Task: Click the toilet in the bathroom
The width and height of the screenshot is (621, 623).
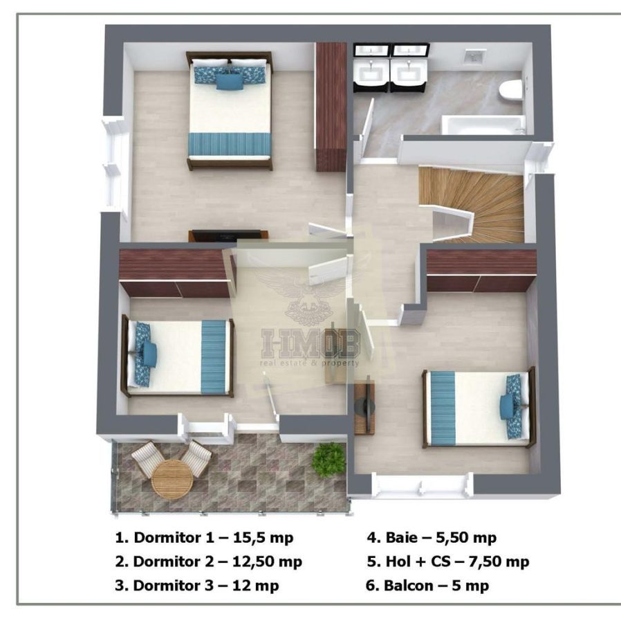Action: click(x=511, y=91)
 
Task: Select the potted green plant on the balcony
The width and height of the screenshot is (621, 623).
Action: click(x=328, y=458)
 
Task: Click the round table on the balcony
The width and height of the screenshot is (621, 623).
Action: click(x=171, y=478)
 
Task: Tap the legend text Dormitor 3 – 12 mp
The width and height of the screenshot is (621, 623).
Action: click(x=196, y=586)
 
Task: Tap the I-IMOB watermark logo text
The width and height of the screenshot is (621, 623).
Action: click(x=309, y=343)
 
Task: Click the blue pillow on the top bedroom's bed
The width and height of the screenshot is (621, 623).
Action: click(x=230, y=82)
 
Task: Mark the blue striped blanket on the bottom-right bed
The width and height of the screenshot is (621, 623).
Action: click(x=443, y=408)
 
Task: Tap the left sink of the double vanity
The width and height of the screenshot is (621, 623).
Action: click(x=372, y=69)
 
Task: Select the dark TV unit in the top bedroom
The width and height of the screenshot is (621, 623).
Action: click(x=229, y=235)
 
